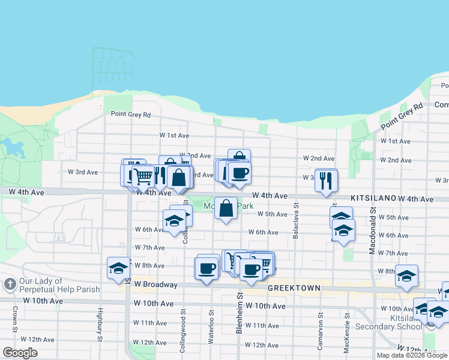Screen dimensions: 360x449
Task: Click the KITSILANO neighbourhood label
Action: pyautogui.click(x=373, y=197)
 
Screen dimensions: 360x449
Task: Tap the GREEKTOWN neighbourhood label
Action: pyautogui.click(x=294, y=288)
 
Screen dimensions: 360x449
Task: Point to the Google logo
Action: pyautogui.click(x=20, y=353)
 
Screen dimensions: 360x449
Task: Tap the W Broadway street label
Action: pyautogui.click(x=155, y=284)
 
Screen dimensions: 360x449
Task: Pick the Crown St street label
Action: pyautogui.click(x=14, y=320)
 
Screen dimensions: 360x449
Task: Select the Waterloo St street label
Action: pyautogui.click(x=211, y=326)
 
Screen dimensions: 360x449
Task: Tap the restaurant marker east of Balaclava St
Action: pyautogui.click(x=326, y=181)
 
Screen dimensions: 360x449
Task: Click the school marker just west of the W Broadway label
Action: pyautogui.click(x=118, y=269)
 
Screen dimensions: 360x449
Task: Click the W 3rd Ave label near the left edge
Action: pyautogui.click(x=83, y=172)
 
